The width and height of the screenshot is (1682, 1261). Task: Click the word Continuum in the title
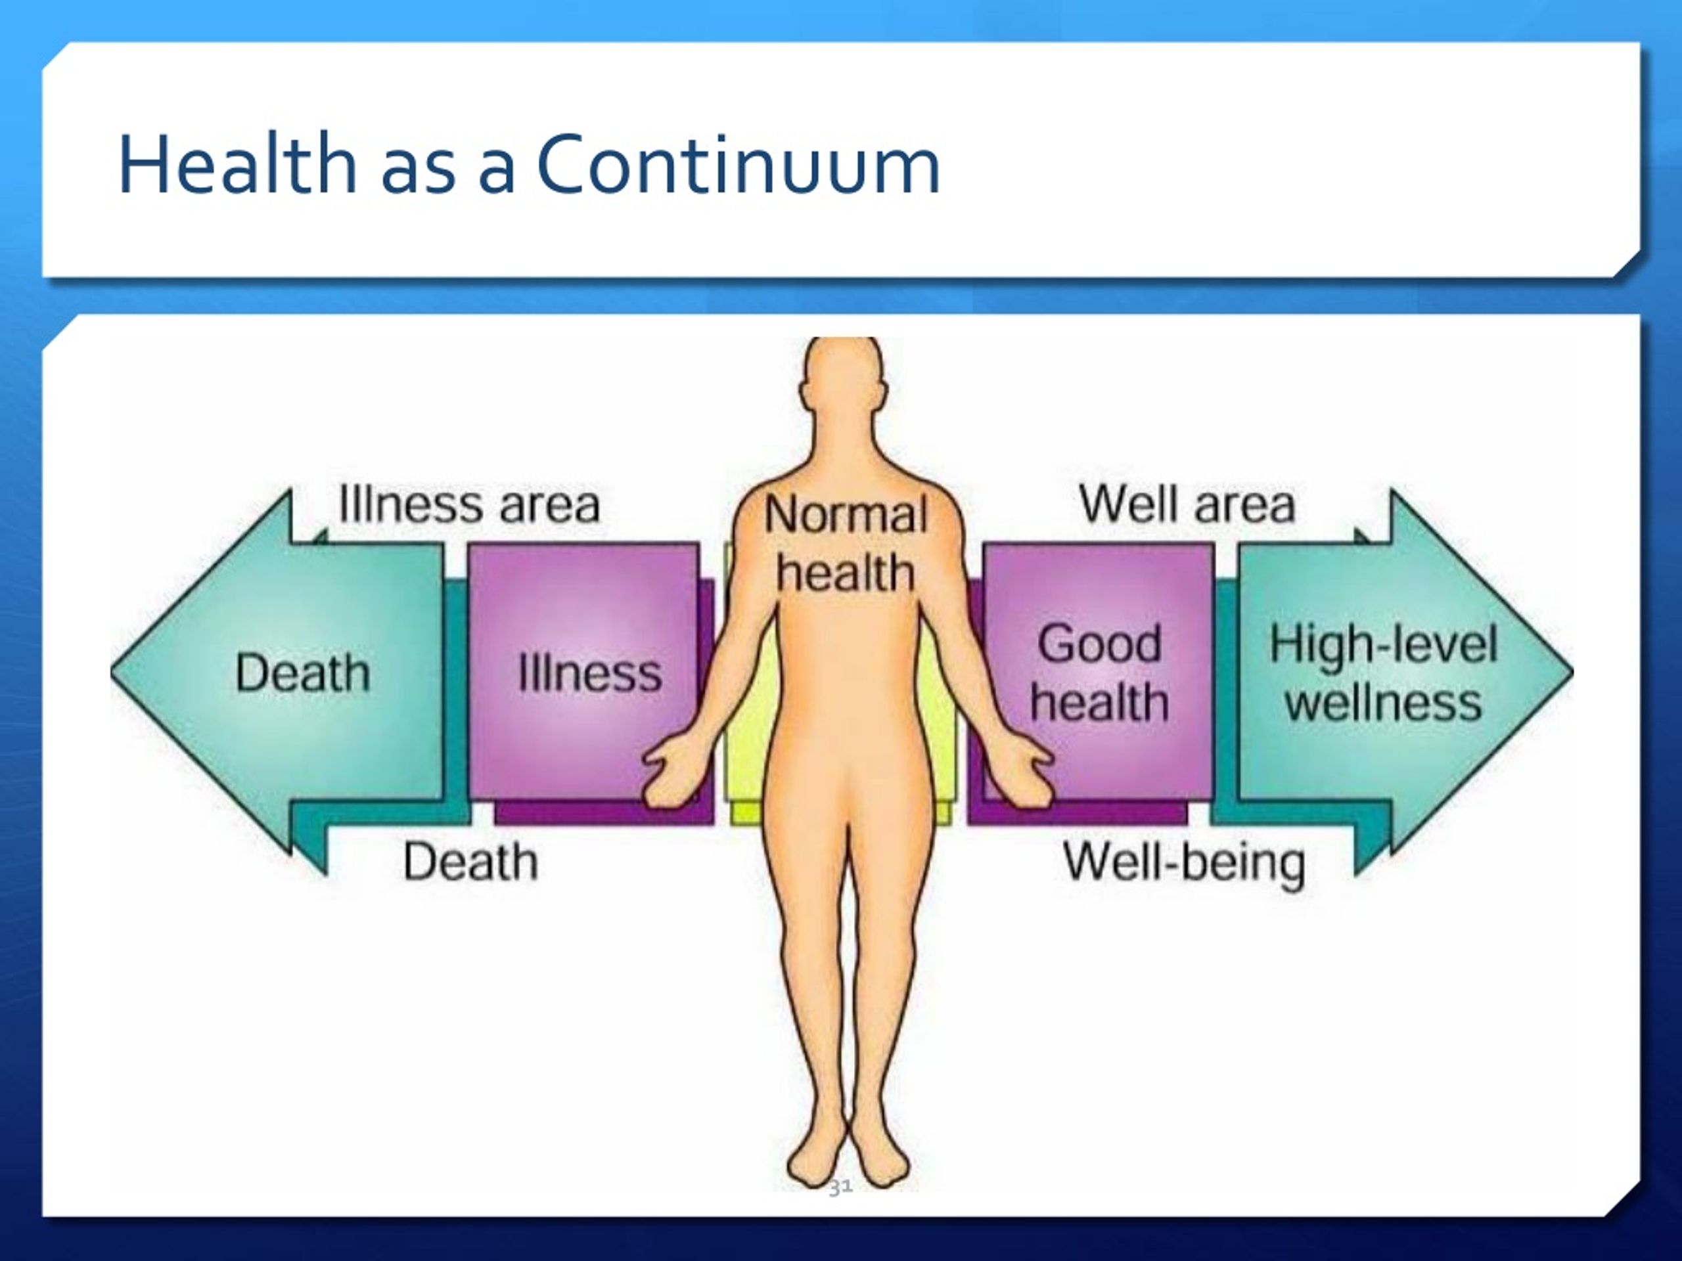[739, 164]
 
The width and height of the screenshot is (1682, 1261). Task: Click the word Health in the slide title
[237, 164]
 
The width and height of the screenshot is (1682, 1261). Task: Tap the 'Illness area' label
[469, 504]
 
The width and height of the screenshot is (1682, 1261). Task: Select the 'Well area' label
[1187, 504]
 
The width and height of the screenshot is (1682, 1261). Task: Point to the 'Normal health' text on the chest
[846, 542]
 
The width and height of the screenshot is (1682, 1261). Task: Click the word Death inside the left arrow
[303, 673]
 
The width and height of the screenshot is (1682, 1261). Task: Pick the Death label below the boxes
[470, 862]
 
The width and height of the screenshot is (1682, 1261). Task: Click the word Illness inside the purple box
[589, 673]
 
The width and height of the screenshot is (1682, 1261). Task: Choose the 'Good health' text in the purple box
[1099, 673]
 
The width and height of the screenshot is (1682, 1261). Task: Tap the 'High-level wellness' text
[1383, 673]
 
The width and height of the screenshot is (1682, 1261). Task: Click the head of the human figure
[843, 380]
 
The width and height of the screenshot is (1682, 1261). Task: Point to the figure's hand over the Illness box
[672, 772]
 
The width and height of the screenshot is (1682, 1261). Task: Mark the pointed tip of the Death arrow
[111, 672]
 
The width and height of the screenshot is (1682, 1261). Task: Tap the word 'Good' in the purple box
[1099, 644]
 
